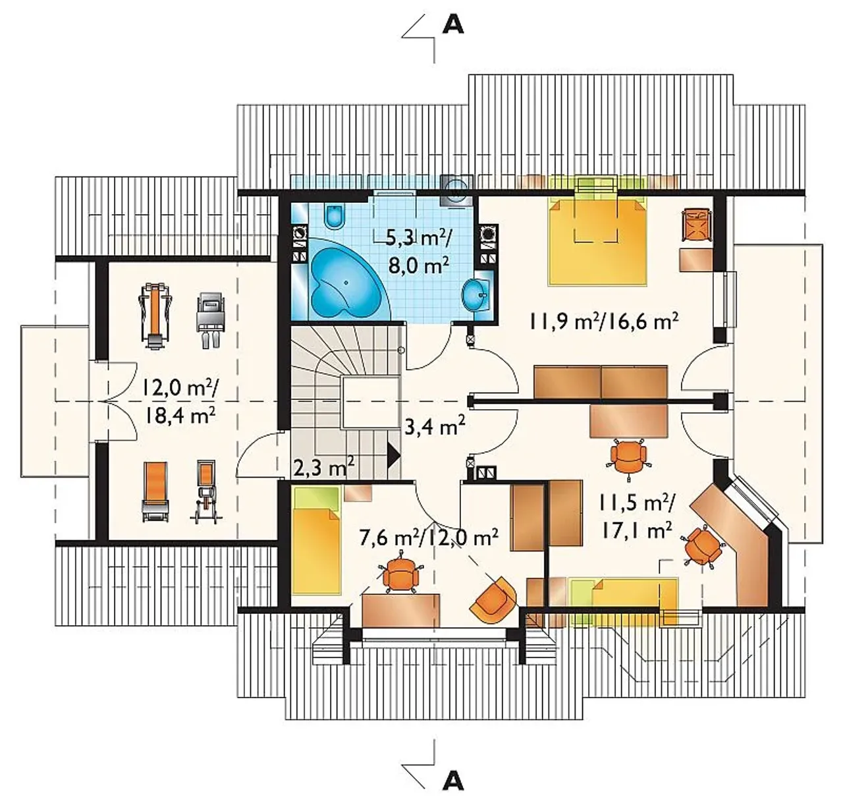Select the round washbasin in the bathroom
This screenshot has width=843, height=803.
[x=474, y=295]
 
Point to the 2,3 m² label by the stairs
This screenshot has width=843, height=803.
[x=324, y=467]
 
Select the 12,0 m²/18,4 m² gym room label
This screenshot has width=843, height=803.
[x=180, y=403]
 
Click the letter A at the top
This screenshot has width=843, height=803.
[x=453, y=25]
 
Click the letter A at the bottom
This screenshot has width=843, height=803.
[x=453, y=781]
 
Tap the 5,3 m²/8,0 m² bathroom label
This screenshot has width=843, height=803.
[x=418, y=253]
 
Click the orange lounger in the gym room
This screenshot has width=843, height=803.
[x=155, y=491]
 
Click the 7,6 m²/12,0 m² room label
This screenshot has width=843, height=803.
[x=429, y=538]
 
